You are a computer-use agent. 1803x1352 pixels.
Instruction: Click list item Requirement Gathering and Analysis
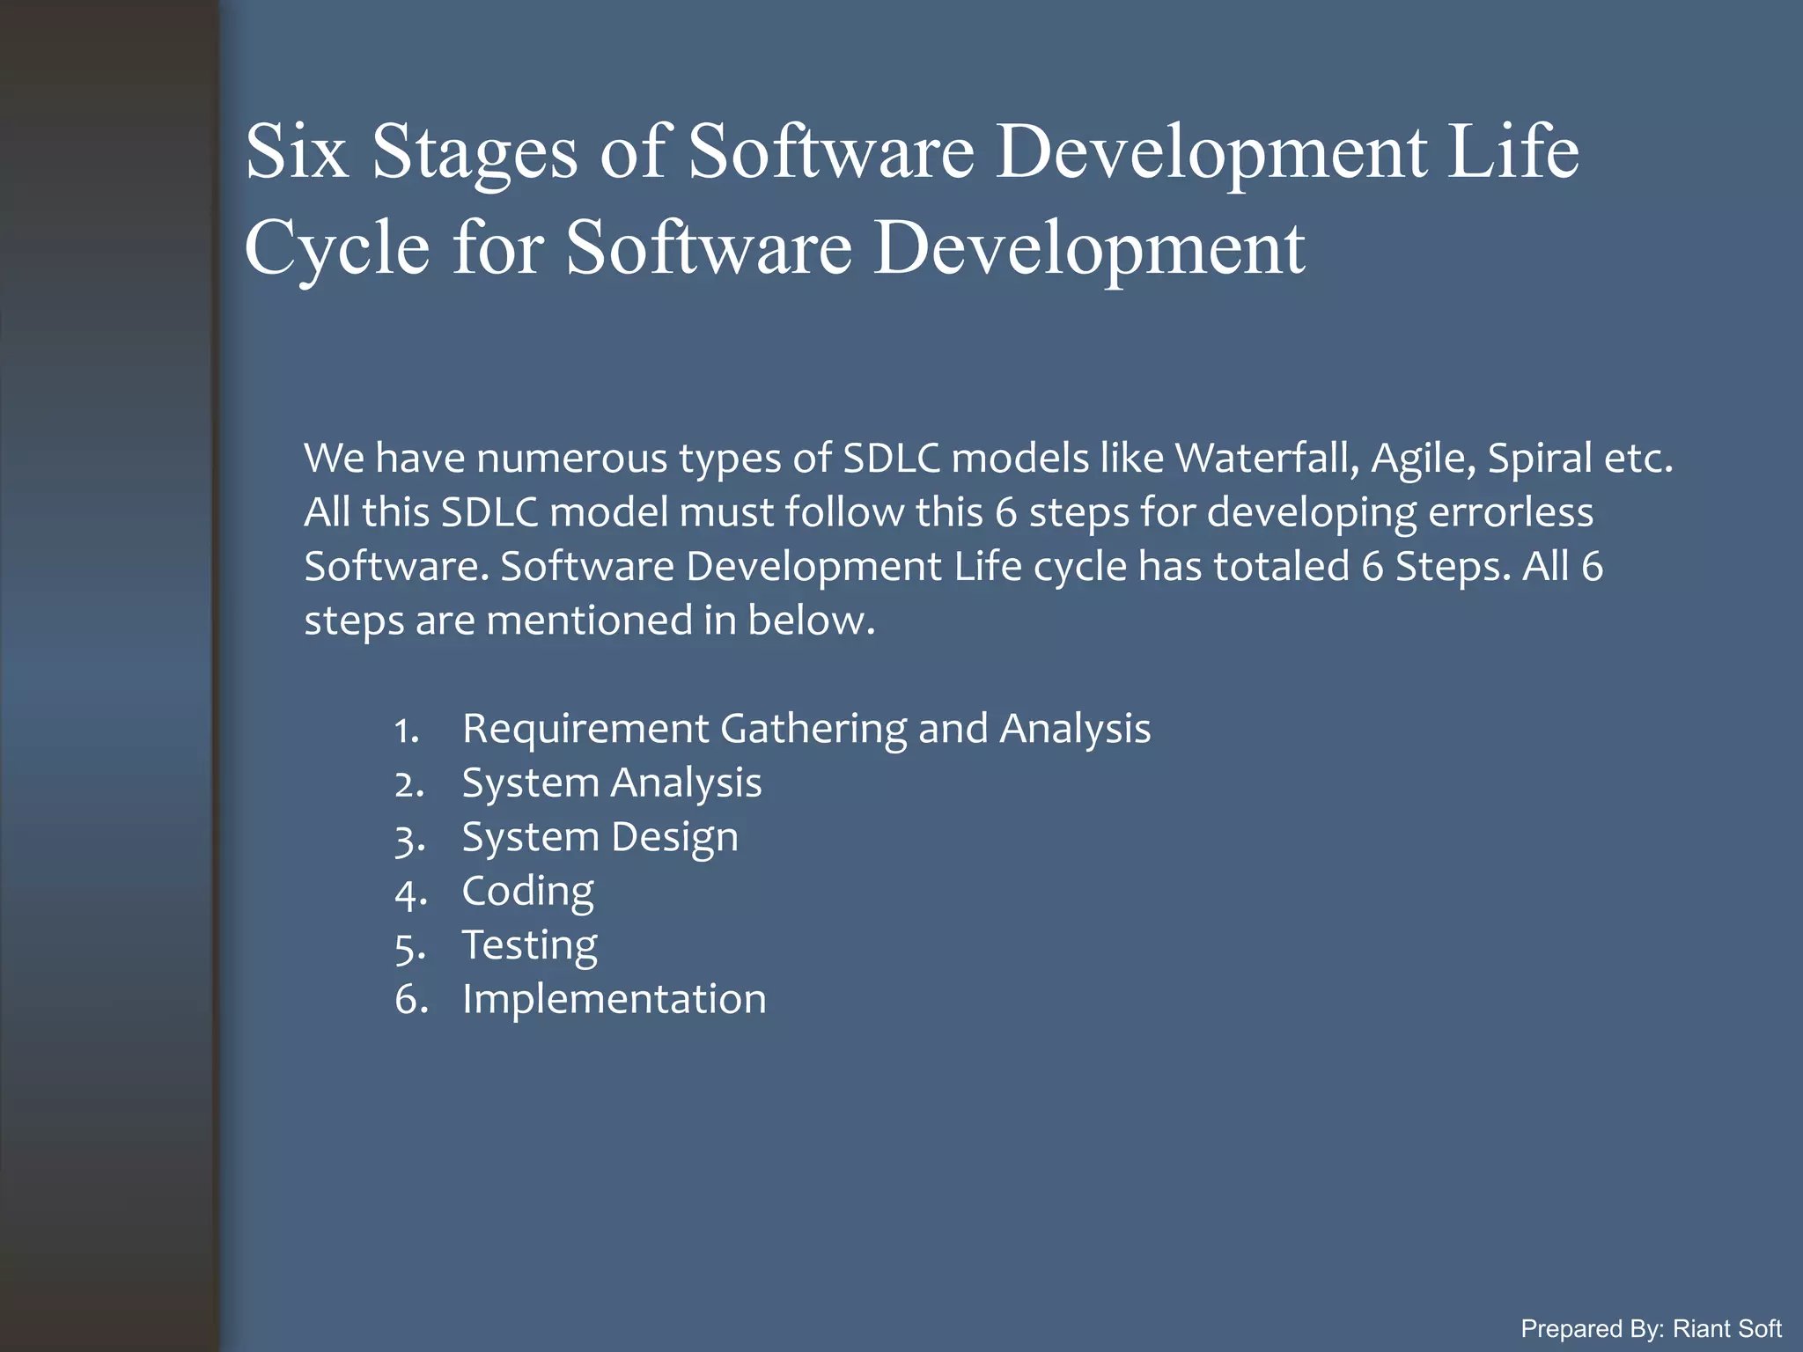(x=806, y=729)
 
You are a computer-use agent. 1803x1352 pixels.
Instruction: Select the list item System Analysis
(x=611, y=783)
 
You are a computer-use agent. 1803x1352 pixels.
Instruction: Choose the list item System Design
(x=600, y=837)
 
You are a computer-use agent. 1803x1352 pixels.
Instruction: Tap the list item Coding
(x=527, y=891)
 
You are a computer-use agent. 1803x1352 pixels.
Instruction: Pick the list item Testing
(x=529, y=945)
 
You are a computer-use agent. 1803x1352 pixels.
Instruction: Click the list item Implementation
(x=614, y=999)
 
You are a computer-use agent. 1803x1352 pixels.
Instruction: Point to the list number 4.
(x=410, y=894)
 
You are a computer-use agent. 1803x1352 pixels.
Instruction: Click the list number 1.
(x=407, y=731)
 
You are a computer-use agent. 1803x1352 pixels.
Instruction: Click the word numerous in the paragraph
(x=572, y=459)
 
